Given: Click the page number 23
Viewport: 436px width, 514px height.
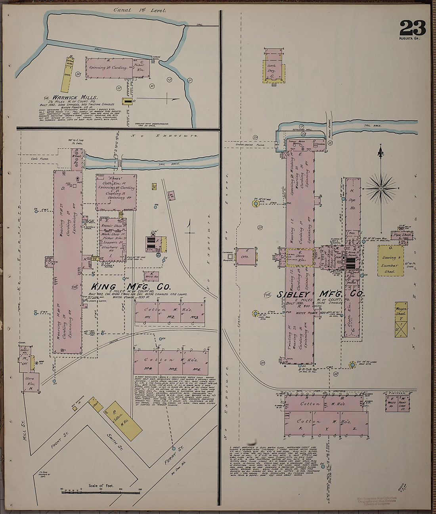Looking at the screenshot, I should tap(412, 28).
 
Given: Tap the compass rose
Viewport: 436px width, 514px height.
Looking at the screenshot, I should tap(381, 188).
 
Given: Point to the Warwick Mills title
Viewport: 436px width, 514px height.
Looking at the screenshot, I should tap(75, 97).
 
